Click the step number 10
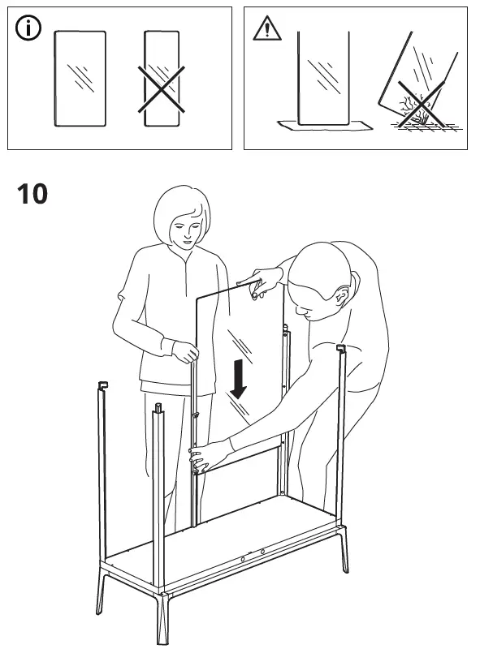32,194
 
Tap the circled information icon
28,28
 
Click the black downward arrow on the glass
238,379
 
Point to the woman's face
187,230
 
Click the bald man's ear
342,295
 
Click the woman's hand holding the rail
185,351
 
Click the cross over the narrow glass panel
162,89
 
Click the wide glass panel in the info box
80,78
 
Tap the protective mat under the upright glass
325,125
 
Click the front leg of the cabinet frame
163,617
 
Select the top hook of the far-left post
103,386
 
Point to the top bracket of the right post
341,349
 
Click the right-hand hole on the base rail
263,552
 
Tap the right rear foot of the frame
344,550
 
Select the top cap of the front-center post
158,408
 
